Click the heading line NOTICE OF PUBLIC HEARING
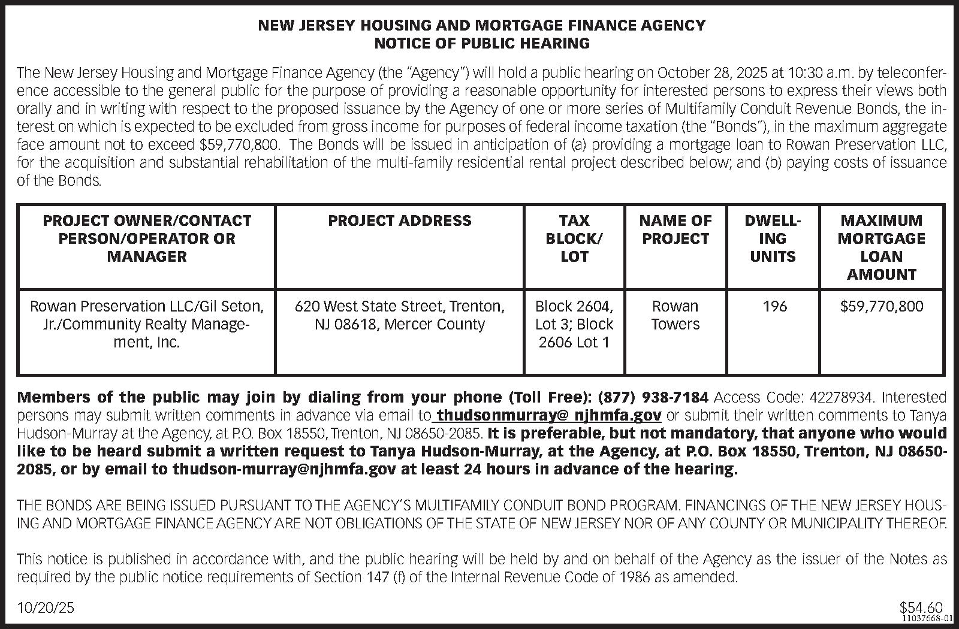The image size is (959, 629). point(481,43)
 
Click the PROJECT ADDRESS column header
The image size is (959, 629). point(400,220)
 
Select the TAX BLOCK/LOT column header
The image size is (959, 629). point(574,238)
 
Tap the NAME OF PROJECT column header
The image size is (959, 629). point(675,229)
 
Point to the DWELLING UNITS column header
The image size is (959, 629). point(773,238)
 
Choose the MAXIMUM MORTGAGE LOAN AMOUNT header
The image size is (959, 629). point(881,247)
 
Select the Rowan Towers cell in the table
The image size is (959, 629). point(675,315)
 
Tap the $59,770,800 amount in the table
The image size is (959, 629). point(881,307)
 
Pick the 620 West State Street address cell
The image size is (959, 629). point(400,315)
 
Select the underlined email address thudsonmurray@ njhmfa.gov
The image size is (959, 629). point(549,415)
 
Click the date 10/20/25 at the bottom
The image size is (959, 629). point(47,607)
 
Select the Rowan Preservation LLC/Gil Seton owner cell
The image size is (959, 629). point(147,324)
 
